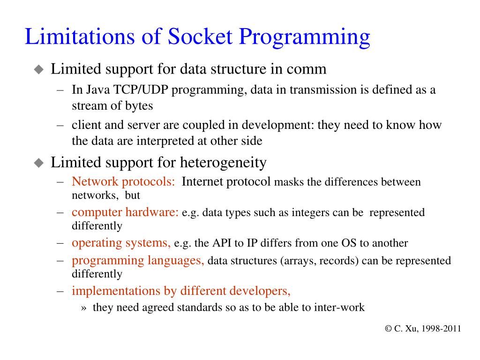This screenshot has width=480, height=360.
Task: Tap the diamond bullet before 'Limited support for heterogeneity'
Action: (38, 163)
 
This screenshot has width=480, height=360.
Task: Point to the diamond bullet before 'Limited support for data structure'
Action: (38, 70)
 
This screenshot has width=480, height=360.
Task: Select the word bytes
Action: (139, 106)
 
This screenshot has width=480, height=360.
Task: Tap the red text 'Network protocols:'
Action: (124, 182)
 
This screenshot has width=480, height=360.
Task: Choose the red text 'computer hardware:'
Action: (125, 212)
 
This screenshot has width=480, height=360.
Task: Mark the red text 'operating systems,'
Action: (121, 243)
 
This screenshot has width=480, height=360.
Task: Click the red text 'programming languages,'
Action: (138, 261)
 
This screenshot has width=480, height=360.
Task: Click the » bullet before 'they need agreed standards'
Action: (84, 308)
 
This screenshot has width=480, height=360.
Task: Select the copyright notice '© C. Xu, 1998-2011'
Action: (423, 329)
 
